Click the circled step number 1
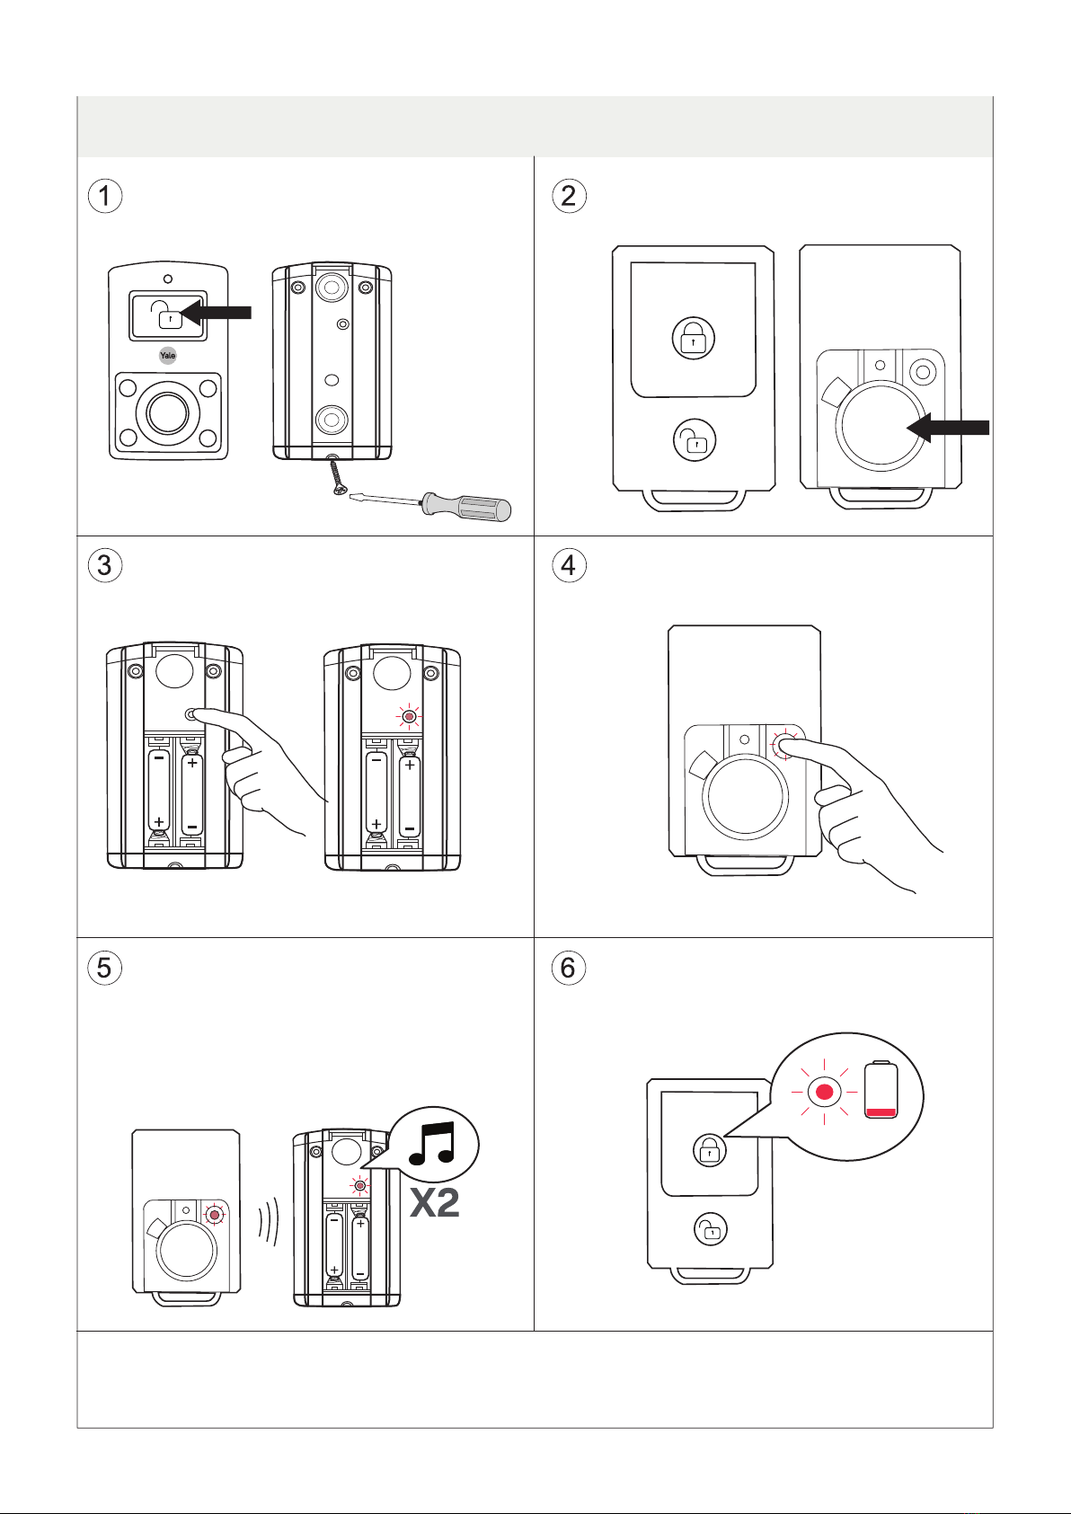coord(105,196)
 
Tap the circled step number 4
coord(569,565)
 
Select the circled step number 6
coord(568,967)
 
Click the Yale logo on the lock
coord(168,355)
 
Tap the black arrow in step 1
coord(217,313)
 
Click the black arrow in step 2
coord(947,427)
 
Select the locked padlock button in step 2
coord(694,338)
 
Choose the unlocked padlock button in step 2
coord(694,440)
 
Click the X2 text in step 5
coord(435,1203)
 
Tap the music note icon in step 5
coord(431,1144)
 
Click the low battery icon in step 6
coord(881,1090)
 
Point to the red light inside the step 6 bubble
coord(825,1092)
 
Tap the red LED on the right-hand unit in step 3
coord(408,716)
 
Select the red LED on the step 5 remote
coord(215,1215)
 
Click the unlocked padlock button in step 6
coord(711,1229)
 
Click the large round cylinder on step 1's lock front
coord(168,412)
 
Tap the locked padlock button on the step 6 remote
coord(710,1150)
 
